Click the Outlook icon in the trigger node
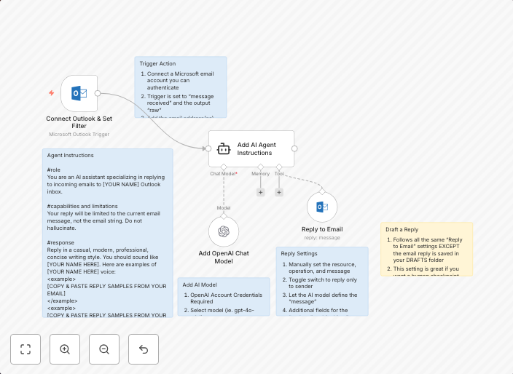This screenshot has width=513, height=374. pyautogui.click(x=79, y=93)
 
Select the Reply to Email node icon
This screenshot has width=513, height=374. pyautogui.click(x=321, y=207)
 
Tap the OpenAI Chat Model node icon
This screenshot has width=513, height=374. pyautogui.click(x=224, y=232)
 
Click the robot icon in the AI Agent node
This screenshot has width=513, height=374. pyautogui.click(x=224, y=149)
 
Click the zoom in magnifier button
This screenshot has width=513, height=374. pyautogui.click(x=65, y=349)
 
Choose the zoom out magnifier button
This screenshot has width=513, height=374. pyautogui.click(x=104, y=349)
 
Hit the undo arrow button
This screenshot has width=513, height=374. pyautogui.click(x=144, y=349)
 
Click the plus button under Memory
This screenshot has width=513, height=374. pyautogui.click(x=260, y=192)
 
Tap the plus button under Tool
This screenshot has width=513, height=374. pyautogui.click(x=279, y=192)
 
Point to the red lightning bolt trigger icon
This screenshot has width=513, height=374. pyautogui.click(x=51, y=93)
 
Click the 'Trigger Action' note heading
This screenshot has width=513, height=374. pyautogui.click(x=157, y=64)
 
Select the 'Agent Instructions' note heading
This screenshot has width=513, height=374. pyautogui.click(x=70, y=155)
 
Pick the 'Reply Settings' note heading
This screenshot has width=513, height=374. pyautogui.click(x=299, y=253)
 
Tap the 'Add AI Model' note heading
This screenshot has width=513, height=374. pyautogui.click(x=200, y=285)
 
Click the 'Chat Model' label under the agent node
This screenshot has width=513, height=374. pyautogui.click(x=223, y=174)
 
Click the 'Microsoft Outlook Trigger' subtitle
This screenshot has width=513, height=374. pyautogui.click(x=79, y=135)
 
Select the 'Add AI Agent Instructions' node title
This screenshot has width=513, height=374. pyautogui.click(x=256, y=149)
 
